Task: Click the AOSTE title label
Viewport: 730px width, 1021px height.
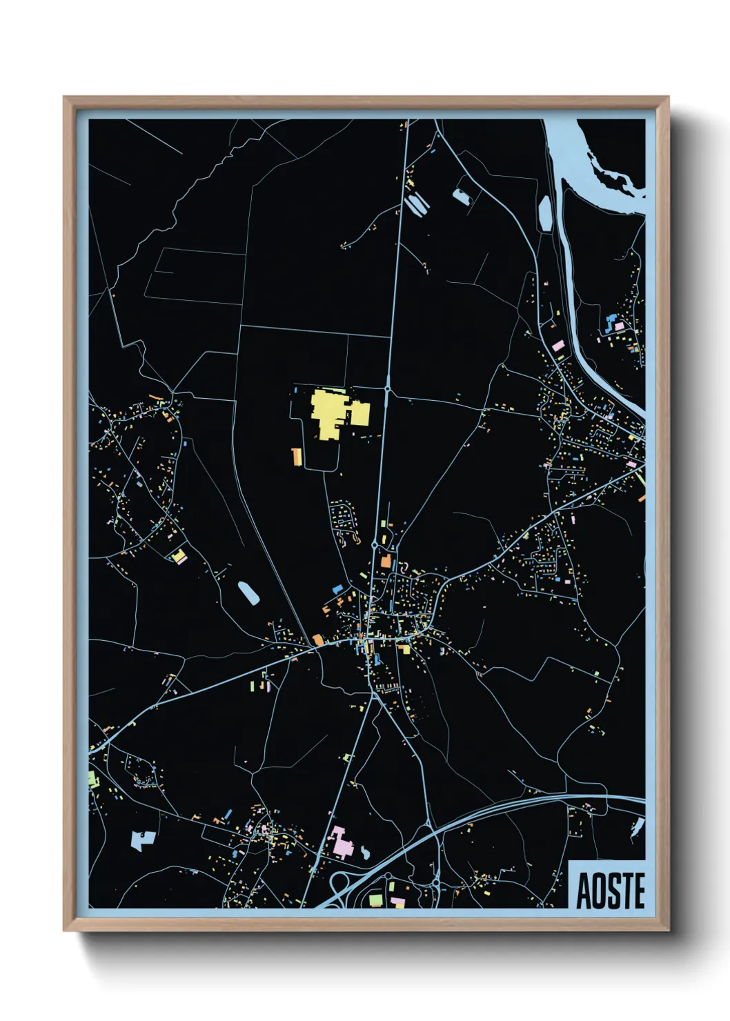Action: [610, 891]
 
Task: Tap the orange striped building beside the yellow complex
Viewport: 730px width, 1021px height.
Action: [297, 457]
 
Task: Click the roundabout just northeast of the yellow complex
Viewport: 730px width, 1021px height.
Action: [388, 390]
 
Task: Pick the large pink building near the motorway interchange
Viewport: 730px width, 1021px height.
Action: [340, 842]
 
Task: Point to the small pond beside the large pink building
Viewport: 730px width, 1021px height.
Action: [364, 853]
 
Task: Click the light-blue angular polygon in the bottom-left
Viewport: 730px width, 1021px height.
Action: [142, 839]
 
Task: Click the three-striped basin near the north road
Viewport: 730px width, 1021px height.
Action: [417, 204]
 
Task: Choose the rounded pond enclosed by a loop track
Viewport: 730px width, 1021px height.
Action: [460, 197]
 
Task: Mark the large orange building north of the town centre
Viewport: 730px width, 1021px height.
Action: [386, 560]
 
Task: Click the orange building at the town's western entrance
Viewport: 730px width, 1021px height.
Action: [317, 640]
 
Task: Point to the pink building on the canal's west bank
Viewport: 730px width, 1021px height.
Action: [558, 345]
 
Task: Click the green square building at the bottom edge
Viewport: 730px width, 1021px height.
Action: [375, 900]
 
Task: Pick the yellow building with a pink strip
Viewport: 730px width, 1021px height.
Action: [179, 556]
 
